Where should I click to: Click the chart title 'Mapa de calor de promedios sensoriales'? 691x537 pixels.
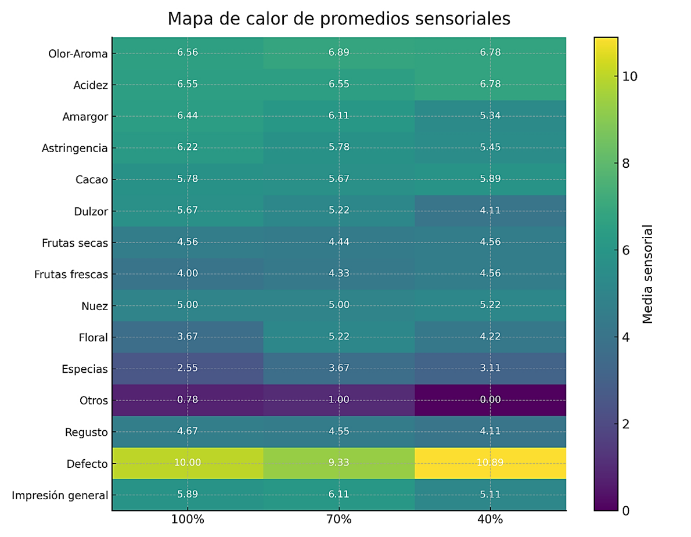[339, 19]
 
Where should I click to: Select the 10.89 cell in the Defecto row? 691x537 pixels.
[490, 463]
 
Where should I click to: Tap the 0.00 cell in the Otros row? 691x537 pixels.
[490, 400]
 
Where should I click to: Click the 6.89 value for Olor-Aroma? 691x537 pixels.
[339, 53]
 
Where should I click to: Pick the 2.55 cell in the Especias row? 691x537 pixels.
[188, 369]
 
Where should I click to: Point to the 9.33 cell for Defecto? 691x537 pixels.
[339, 463]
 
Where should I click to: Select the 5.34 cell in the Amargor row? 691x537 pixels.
[490, 116]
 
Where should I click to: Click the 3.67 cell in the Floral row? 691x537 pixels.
[188, 337]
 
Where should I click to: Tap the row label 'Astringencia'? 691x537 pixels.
[74, 148]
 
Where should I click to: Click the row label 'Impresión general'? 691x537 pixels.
[60, 495]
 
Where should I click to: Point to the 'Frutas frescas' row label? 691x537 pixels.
[71, 274]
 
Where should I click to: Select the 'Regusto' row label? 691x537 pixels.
[86, 432]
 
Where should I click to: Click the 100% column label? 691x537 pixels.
[188, 520]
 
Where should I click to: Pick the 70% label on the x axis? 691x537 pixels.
[339, 520]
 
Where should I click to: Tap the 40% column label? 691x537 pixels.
[490, 520]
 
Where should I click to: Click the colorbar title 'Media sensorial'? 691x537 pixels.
[649, 274]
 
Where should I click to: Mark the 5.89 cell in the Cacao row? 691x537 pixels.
[490, 179]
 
